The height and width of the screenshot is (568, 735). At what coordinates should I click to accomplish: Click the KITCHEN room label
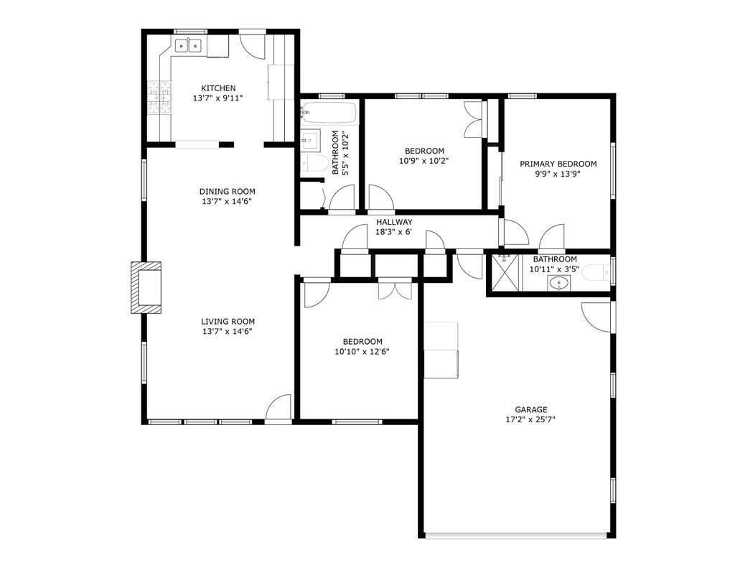[217, 88]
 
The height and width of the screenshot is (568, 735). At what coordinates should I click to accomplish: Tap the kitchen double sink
[189, 47]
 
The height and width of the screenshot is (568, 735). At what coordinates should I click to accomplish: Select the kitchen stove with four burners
[160, 98]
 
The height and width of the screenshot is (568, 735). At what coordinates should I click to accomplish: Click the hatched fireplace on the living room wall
[146, 287]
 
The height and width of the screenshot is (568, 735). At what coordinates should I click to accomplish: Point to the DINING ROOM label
[227, 192]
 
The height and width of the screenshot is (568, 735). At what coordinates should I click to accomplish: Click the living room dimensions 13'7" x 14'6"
[227, 332]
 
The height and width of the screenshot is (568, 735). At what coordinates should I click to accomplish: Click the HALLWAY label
[394, 222]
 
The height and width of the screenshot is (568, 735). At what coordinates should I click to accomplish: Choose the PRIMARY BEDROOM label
[558, 164]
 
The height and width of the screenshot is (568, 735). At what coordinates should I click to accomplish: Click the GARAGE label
[531, 409]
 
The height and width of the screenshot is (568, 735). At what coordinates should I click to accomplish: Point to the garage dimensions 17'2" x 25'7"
[531, 419]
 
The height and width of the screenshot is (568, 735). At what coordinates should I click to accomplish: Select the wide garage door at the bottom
[515, 534]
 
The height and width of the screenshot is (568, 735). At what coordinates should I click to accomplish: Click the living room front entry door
[278, 407]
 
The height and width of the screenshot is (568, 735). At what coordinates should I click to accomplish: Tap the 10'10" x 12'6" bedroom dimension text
[362, 352]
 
